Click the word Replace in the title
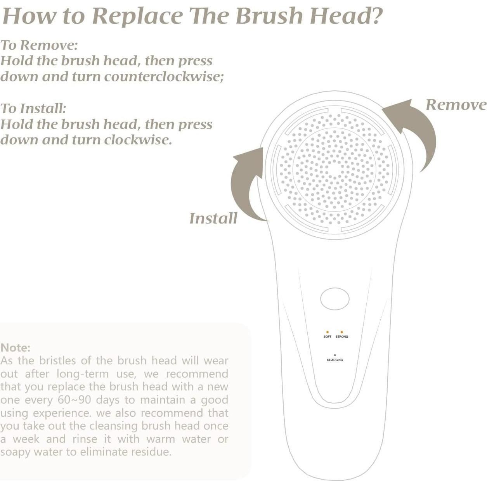pos(137,16)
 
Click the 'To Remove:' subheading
pos(39,45)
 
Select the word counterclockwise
pos(164,76)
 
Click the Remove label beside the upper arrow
pos(456,105)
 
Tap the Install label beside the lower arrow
pos(213,218)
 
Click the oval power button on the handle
pos(334,299)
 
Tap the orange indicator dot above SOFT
pos(327,332)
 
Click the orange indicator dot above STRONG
pos(342,332)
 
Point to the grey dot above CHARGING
pos(335,355)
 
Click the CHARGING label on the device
pos(335,360)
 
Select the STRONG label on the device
pos(342,336)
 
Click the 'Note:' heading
pos(16,348)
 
